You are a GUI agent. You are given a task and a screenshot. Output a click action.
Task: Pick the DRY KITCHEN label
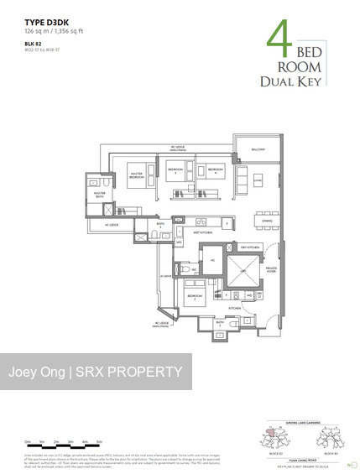249,248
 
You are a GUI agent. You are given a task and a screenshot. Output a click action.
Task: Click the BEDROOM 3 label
176,169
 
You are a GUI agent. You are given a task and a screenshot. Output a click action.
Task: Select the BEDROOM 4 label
215,169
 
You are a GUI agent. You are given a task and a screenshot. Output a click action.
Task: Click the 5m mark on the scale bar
98,440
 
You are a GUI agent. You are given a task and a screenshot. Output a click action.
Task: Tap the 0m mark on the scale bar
28,440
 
